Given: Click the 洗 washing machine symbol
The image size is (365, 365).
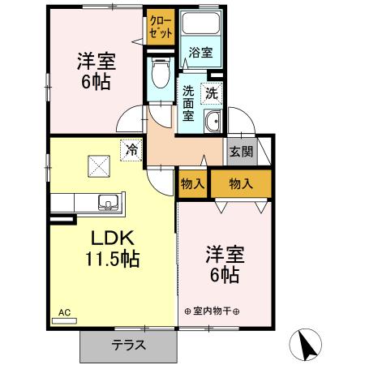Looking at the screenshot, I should (x=212, y=92).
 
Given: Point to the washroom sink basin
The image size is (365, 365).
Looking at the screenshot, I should (x=213, y=122).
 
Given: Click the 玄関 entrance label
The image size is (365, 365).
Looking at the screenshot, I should (x=241, y=151).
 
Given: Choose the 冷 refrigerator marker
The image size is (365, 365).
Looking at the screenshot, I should (x=131, y=148).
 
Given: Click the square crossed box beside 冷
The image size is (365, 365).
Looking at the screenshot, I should (x=100, y=166).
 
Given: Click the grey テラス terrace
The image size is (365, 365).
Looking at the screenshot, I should (x=128, y=345).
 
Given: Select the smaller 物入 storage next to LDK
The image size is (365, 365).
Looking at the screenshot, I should (x=192, y=185).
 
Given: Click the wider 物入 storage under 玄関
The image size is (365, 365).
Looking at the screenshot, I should (x=241, y=185).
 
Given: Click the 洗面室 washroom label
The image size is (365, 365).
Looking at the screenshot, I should (x=188, y=103).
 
